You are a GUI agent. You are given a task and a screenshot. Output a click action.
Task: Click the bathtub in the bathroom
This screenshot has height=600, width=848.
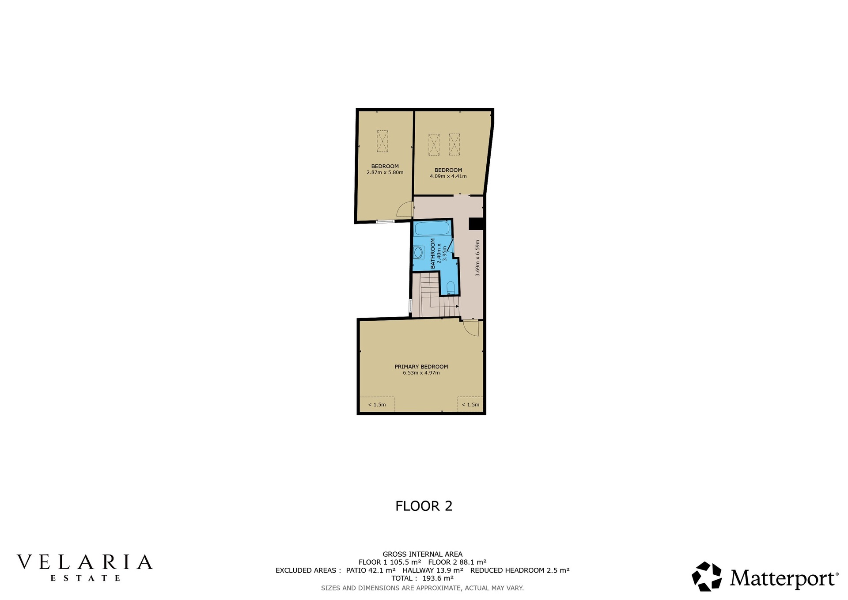click(432, 228)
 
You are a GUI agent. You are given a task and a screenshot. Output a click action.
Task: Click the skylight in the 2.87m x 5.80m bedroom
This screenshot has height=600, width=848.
click(382, 141)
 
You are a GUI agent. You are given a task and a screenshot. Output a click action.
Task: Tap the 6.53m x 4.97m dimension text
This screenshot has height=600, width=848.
click(421, 372)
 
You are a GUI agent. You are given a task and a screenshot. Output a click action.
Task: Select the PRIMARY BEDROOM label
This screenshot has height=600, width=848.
click(421, 366)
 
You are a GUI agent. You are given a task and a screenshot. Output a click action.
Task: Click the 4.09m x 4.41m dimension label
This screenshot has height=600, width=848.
click(448, 176)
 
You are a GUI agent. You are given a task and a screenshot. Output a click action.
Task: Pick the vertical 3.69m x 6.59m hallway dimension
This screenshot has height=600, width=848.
click(477, 258)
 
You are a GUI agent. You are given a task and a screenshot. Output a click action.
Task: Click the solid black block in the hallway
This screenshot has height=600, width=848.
click(477, 224)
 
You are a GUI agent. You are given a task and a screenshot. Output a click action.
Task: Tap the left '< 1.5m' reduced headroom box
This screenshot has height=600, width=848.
click(377, 404)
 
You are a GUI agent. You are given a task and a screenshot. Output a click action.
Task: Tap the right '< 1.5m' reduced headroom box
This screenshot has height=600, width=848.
click(470, 404)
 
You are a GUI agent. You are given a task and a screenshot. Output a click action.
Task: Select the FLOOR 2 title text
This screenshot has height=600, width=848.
click(424, 506)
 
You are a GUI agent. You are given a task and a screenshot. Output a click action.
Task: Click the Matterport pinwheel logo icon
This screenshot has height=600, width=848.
click(707, 576)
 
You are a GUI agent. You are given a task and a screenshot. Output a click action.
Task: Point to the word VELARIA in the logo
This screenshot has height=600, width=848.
click(85, 562)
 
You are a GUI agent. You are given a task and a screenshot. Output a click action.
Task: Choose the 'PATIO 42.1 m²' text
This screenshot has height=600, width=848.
click(371, 570)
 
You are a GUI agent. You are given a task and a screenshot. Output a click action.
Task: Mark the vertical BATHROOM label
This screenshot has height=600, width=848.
click(433, 254)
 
